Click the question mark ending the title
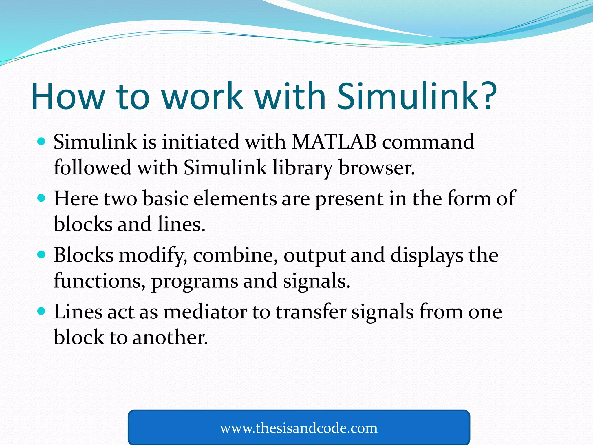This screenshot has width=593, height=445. [487, 96]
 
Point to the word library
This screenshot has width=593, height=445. [302, 168]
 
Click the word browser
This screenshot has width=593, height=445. [376, 168]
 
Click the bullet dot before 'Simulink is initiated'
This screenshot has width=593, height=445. [42, 142]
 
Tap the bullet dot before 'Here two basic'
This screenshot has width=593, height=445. [42, 198]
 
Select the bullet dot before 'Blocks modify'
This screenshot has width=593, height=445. [42, 255]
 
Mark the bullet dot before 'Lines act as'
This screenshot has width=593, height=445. [42, 311]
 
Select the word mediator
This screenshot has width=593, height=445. [205, 312]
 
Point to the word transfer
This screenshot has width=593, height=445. [311, 312]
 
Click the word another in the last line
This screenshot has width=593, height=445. [170, 338]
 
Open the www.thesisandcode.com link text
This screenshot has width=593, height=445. [299, 428]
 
